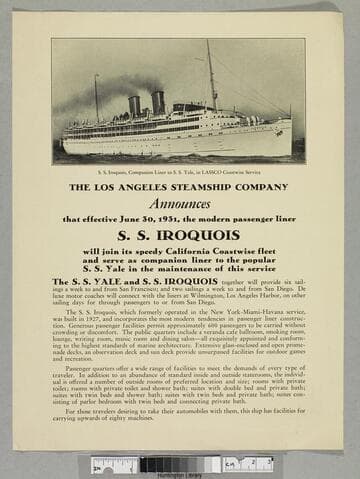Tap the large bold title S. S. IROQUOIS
[x=180, y=235]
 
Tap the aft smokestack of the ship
[x=134, y=105]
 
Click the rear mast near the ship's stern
[x=96, y=97]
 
